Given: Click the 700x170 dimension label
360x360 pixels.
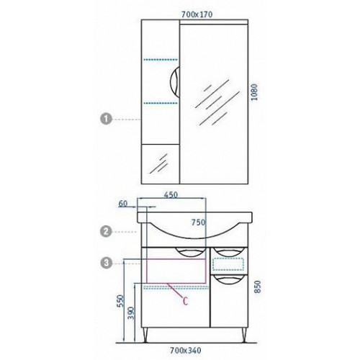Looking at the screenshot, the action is [x=197, y=14].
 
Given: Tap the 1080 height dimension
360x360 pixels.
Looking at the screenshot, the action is [x=254, y=92].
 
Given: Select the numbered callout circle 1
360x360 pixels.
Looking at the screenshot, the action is [x=106, y=119].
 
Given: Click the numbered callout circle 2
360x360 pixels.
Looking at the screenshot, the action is [x=106, y=232].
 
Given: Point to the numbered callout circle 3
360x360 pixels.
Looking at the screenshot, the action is [x=106, y=263].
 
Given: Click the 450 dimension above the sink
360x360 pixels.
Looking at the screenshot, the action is [x=171, y=194].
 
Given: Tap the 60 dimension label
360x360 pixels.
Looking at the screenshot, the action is [x=123, y=204].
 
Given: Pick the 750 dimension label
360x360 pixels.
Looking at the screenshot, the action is [x=199, y=222].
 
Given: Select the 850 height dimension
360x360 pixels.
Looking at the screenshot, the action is [x=257, y=287].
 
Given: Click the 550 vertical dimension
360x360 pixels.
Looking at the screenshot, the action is [x=120, y=301].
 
